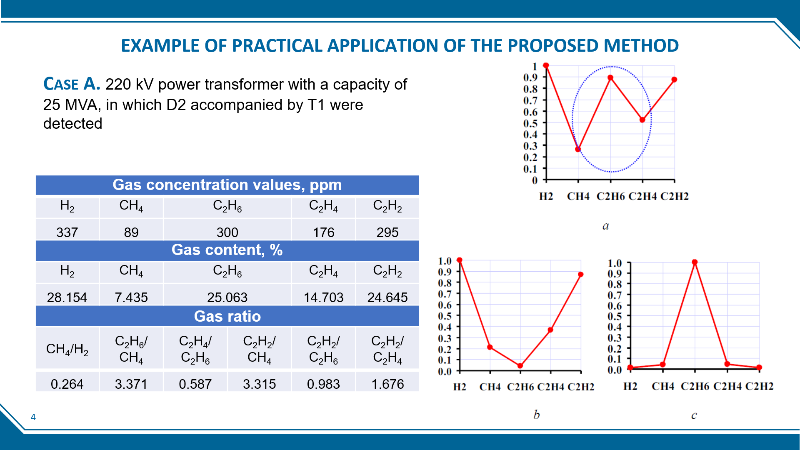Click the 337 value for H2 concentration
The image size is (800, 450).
pyautogui.click(x=67, y=232)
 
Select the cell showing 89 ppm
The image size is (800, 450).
pyautogui.click(x=131, y=232)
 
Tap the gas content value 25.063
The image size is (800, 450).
pyautogui.click(x=227, y=297)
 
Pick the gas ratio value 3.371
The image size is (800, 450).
pyautogui.click(x=131, y=384)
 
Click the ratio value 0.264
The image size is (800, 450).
pyautogui.click(x=67, y=384)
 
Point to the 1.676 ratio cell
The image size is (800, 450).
pyautogui.click(x=387, y=384)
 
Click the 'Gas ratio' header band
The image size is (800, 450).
pyautogui.click(x=227, y=316)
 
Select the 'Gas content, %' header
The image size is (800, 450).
pyautogui.click(x=227, y=250)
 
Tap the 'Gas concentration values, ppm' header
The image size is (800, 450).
pyautogui.click(x=227, y=185)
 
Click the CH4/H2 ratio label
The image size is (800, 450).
pyautogui.click(x=67, y=349)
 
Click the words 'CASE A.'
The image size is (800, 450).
pyautogui.click(x=72, y=84)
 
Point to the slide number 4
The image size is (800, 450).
pyautogui.click(x=33, y=417)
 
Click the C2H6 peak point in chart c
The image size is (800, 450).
pyautogui.click(x=695, y=262)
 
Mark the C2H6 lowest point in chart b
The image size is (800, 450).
pyautogui.click(x=520, y=366)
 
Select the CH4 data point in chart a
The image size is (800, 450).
pyautogui.click(x=578, y=149)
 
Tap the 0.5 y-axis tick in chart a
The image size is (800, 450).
pyautogui.click(x=530, y=123)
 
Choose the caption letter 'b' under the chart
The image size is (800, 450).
pyautogui.click(x=536, y=415)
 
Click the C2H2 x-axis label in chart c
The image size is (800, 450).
pyautogui.click(x=759, y=386)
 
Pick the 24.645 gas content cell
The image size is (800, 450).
pyautogui.click(x=387, y=297)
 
